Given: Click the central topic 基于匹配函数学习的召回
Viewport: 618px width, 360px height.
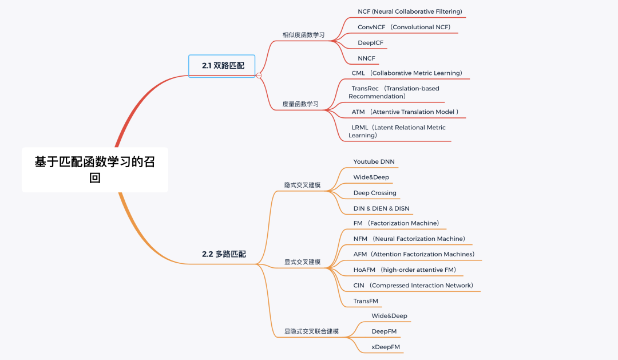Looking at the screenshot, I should (x=95, y=169).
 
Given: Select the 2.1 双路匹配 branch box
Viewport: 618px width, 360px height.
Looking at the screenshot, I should (x=222, y=66).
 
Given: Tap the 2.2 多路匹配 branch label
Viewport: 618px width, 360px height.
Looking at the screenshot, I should (x=224, y=254).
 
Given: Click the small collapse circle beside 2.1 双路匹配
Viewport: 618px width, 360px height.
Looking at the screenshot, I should (x=259, y=75).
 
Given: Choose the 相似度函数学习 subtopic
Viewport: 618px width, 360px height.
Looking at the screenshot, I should (x=303, y=35).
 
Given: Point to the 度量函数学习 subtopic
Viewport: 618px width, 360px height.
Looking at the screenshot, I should (x=300, y=104).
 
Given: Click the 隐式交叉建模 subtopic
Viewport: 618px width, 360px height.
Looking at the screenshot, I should (x=303, y=185).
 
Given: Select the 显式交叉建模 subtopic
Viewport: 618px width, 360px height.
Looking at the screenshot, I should (x=303, y=262).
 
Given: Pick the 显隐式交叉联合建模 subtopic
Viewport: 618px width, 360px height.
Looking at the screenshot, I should (x=311, y=331).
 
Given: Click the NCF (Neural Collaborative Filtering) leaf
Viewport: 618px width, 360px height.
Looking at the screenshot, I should (x=410, y=11).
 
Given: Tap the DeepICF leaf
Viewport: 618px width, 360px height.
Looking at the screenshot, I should (x=370, y=42).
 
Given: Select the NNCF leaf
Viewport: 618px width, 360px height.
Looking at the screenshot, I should (x=366, y=58).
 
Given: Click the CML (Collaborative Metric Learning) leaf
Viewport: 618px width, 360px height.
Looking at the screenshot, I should (x=407, y=73).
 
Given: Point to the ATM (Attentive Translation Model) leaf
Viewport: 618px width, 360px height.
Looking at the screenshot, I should (x=405, y=112).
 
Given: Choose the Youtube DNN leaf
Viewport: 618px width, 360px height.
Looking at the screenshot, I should (x=374, y=161).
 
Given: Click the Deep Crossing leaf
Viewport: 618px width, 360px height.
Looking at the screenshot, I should (x=375, y=193).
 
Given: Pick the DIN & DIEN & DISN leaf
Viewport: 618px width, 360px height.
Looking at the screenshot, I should (x=381, y=208).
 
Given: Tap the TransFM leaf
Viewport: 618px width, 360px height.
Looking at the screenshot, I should (x=366, y=300).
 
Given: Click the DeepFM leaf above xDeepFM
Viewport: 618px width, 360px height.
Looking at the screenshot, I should (x=384, y=331).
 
